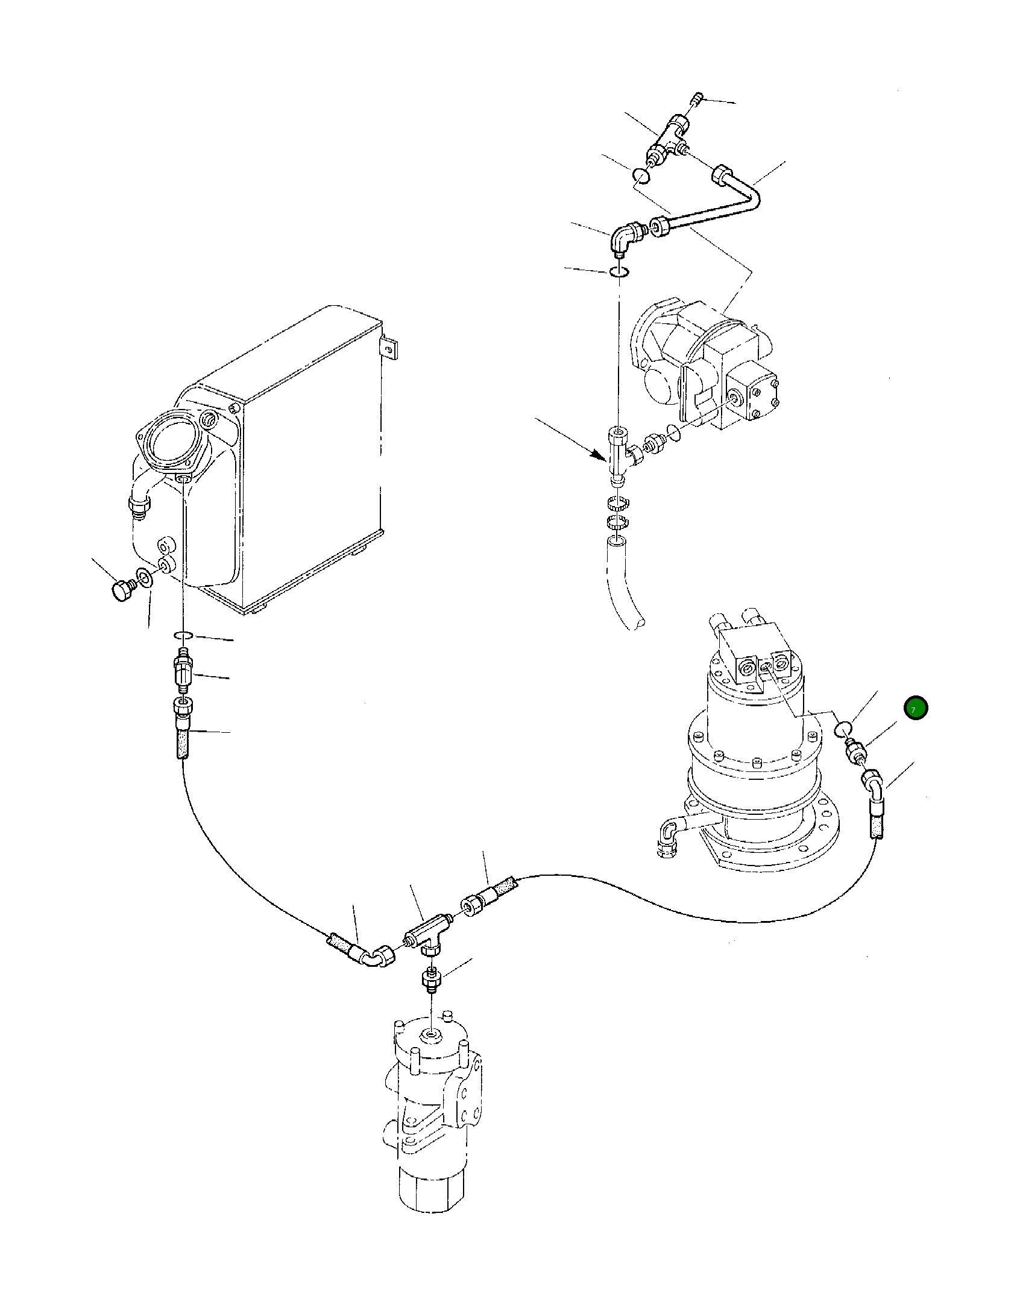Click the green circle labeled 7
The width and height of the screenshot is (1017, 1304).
(915, 709)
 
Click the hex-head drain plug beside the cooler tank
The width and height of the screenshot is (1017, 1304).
(122, 589)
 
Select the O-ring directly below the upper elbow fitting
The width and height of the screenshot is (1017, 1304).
(620, 272)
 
